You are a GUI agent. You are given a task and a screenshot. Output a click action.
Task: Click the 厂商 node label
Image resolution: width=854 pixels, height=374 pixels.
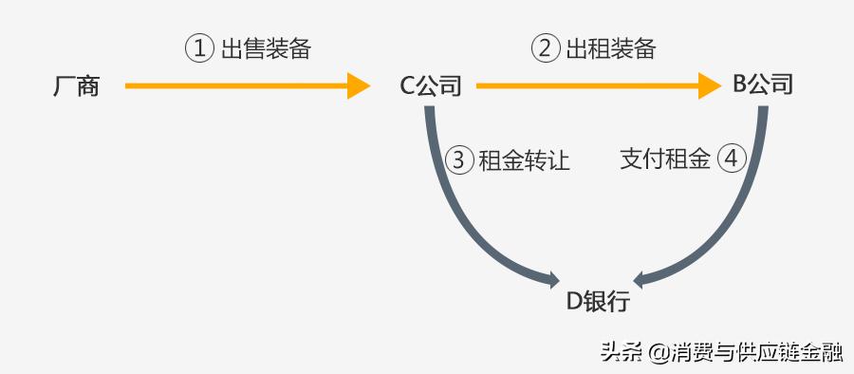[x=76, y=87]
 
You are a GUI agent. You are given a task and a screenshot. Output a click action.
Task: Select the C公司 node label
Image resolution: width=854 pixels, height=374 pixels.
[x=430, y=87]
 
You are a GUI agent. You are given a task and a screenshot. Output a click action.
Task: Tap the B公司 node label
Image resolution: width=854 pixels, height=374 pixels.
[x=762, y=85]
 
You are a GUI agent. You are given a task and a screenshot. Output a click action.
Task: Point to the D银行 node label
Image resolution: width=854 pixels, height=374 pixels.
[x=598, y=302]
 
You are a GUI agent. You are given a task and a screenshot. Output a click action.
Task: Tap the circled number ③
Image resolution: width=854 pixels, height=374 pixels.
[x=458, y=160]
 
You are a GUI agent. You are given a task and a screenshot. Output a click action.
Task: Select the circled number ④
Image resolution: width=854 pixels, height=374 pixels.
[x=731, y=159]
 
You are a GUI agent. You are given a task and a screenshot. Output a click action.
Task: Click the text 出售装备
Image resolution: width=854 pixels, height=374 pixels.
[x=266, y=49]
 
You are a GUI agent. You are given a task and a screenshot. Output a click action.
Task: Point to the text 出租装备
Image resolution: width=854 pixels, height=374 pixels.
[x=611, y=49]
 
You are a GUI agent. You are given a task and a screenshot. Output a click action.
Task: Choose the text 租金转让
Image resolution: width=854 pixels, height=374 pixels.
[x=524, y=160]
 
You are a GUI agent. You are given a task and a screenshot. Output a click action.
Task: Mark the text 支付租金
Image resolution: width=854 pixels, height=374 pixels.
[x=665, y=159]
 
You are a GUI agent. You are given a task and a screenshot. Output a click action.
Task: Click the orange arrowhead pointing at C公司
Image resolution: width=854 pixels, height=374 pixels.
[x=359, y=86]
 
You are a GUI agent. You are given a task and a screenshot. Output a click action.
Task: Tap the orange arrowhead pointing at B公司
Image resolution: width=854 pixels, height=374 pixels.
[x=711, y=86]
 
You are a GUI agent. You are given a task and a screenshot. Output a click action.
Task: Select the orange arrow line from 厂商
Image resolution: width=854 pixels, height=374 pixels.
[x=237, y=86]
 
